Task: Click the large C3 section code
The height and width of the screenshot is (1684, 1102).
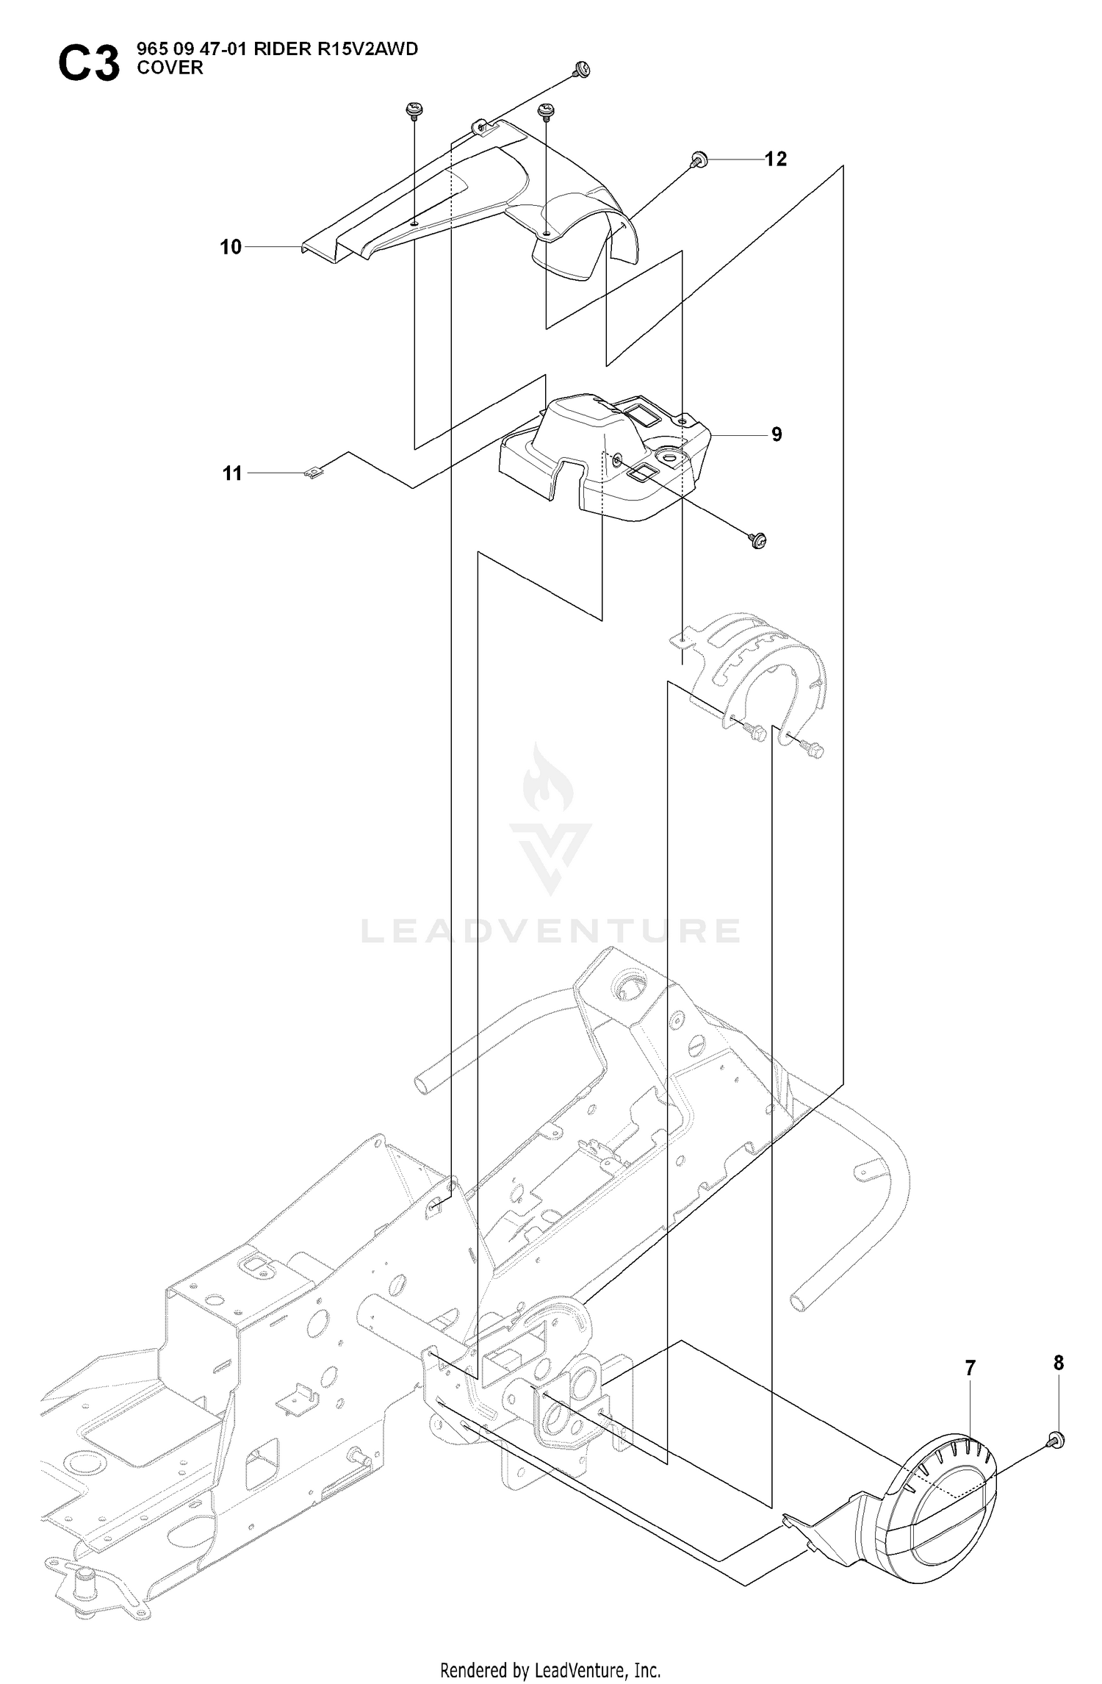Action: (x=88, y=64)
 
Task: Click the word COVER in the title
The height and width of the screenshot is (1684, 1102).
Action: (x=170, y=68)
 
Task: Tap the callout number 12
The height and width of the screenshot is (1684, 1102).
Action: (x=776, y=159)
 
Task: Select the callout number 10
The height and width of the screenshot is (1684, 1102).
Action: (x=231, y=247)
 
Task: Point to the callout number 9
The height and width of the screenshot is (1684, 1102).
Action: (x=777, y=434)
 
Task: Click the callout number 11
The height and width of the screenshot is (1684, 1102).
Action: (x=232, y=473)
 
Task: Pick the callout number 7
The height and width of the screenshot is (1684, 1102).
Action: (x=970, y=1368)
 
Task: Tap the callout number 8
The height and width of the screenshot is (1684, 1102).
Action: (x=1059, y=1363)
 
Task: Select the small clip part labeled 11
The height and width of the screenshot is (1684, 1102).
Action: (x=314, y=473)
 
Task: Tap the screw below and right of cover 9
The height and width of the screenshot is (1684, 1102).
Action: (x=758, y=541)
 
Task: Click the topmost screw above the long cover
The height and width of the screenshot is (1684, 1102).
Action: (x=582, y=68)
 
